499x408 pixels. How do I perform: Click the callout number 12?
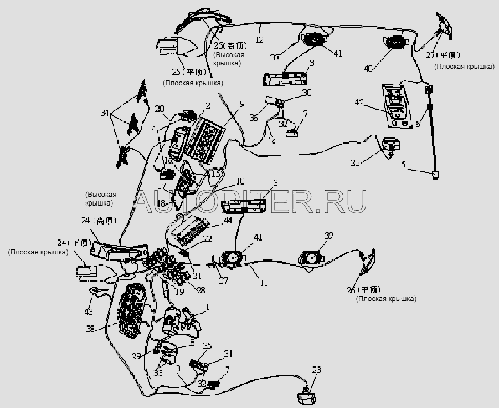click(x=259, y=39)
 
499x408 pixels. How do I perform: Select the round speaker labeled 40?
click(x=395, y=43)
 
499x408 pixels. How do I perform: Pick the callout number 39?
click(x=328, y=237)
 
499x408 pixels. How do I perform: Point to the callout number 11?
click(x=264, y=283)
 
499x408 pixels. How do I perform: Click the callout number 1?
click(x=207, y=307)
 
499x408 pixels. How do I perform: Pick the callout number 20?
click(x=160, y=109)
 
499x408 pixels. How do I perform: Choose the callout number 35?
click(x=208, y=345)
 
